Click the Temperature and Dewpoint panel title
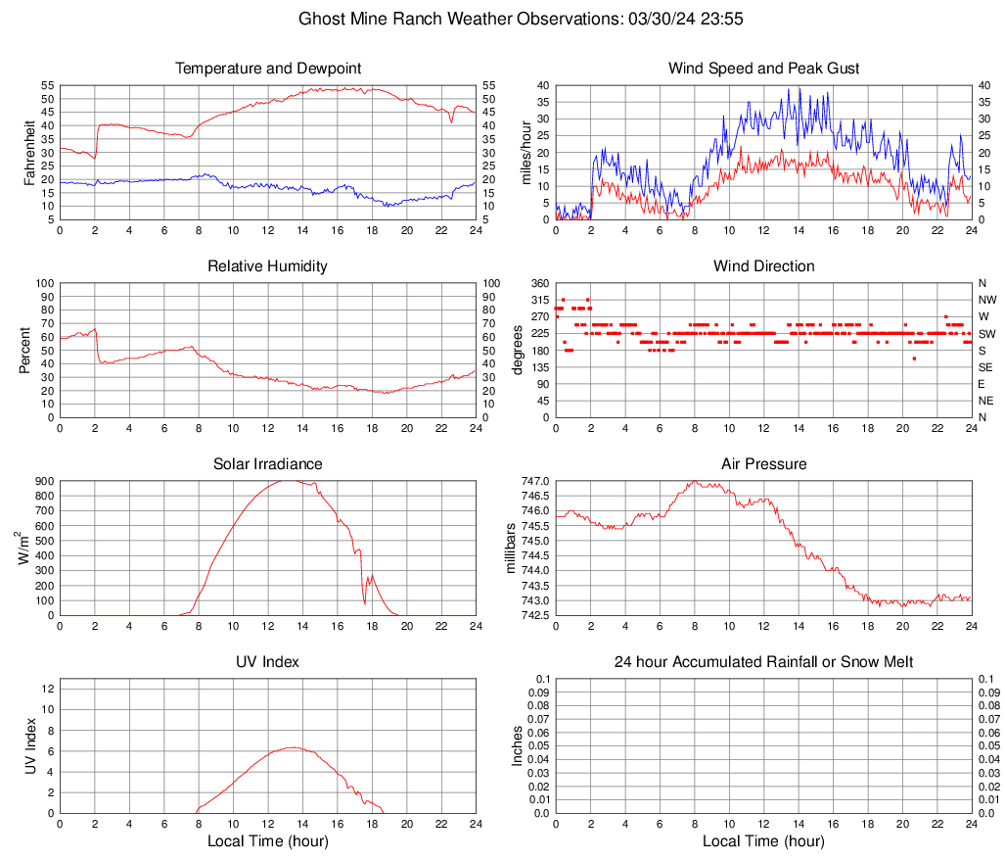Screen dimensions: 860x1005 pos(267,69)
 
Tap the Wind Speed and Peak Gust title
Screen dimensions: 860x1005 pos(763,69)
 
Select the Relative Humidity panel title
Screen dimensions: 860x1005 pos(267,266)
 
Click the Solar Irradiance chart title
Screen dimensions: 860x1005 pos(267,463)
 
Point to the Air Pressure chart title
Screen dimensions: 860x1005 pos(763,463)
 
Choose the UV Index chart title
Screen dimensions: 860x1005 pos(267,662)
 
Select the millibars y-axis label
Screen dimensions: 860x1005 pos(510,548)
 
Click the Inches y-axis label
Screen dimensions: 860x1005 pos(518,745)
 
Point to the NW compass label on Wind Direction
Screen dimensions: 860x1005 pos(986,300)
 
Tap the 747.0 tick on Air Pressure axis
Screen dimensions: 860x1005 pos(535,481)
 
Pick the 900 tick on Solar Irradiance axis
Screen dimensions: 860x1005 pos(44,481)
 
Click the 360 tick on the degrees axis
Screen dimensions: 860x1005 pos(539,283)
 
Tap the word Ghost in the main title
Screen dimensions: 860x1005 pos(321,19)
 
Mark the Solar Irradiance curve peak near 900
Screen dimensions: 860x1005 pos(285,480)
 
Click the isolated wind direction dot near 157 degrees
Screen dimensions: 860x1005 pos(914,358)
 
